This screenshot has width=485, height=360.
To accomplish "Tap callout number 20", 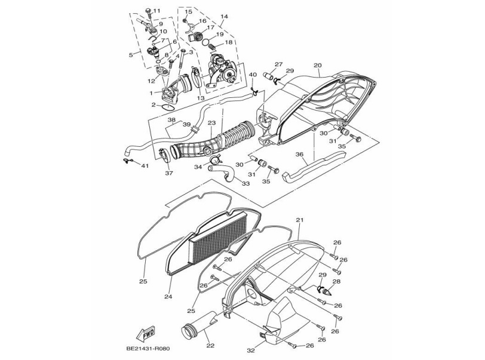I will [x=317, y=65].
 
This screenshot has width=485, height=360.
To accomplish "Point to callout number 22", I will [x=208, y=345].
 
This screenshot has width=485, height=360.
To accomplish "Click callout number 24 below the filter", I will [x=168, y=296].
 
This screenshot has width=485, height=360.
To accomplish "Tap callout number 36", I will [x=300, y=154].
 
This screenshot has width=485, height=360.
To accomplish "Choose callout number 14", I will [x=225, y=17].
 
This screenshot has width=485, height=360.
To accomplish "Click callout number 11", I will [x=157, y=11].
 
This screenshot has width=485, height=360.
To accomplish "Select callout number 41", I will [x=145, y=165].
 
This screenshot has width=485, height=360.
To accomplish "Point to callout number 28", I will [x=336, y=281].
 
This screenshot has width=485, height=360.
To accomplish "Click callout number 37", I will [x=169, y=174].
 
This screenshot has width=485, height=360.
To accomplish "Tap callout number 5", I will [x=131, y=54].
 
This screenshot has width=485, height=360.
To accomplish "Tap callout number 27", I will [x=278, y=64].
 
